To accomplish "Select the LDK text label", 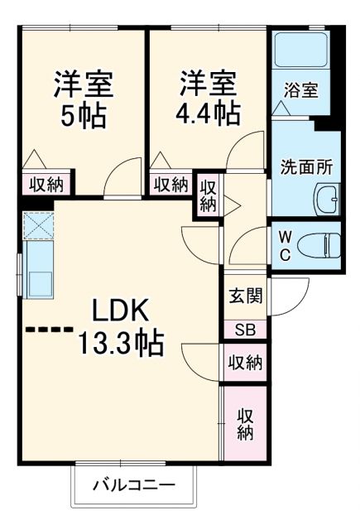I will coord(119,311).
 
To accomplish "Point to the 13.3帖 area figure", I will coord(120,341).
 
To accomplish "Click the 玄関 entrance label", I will coord(245,295).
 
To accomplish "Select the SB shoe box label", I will coord(245,329).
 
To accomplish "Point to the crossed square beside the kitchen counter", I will coord(38,224).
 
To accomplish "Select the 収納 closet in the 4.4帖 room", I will coord(170,185).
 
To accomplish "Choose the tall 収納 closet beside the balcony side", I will coord(246,423).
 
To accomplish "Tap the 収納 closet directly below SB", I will coord(245,363).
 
